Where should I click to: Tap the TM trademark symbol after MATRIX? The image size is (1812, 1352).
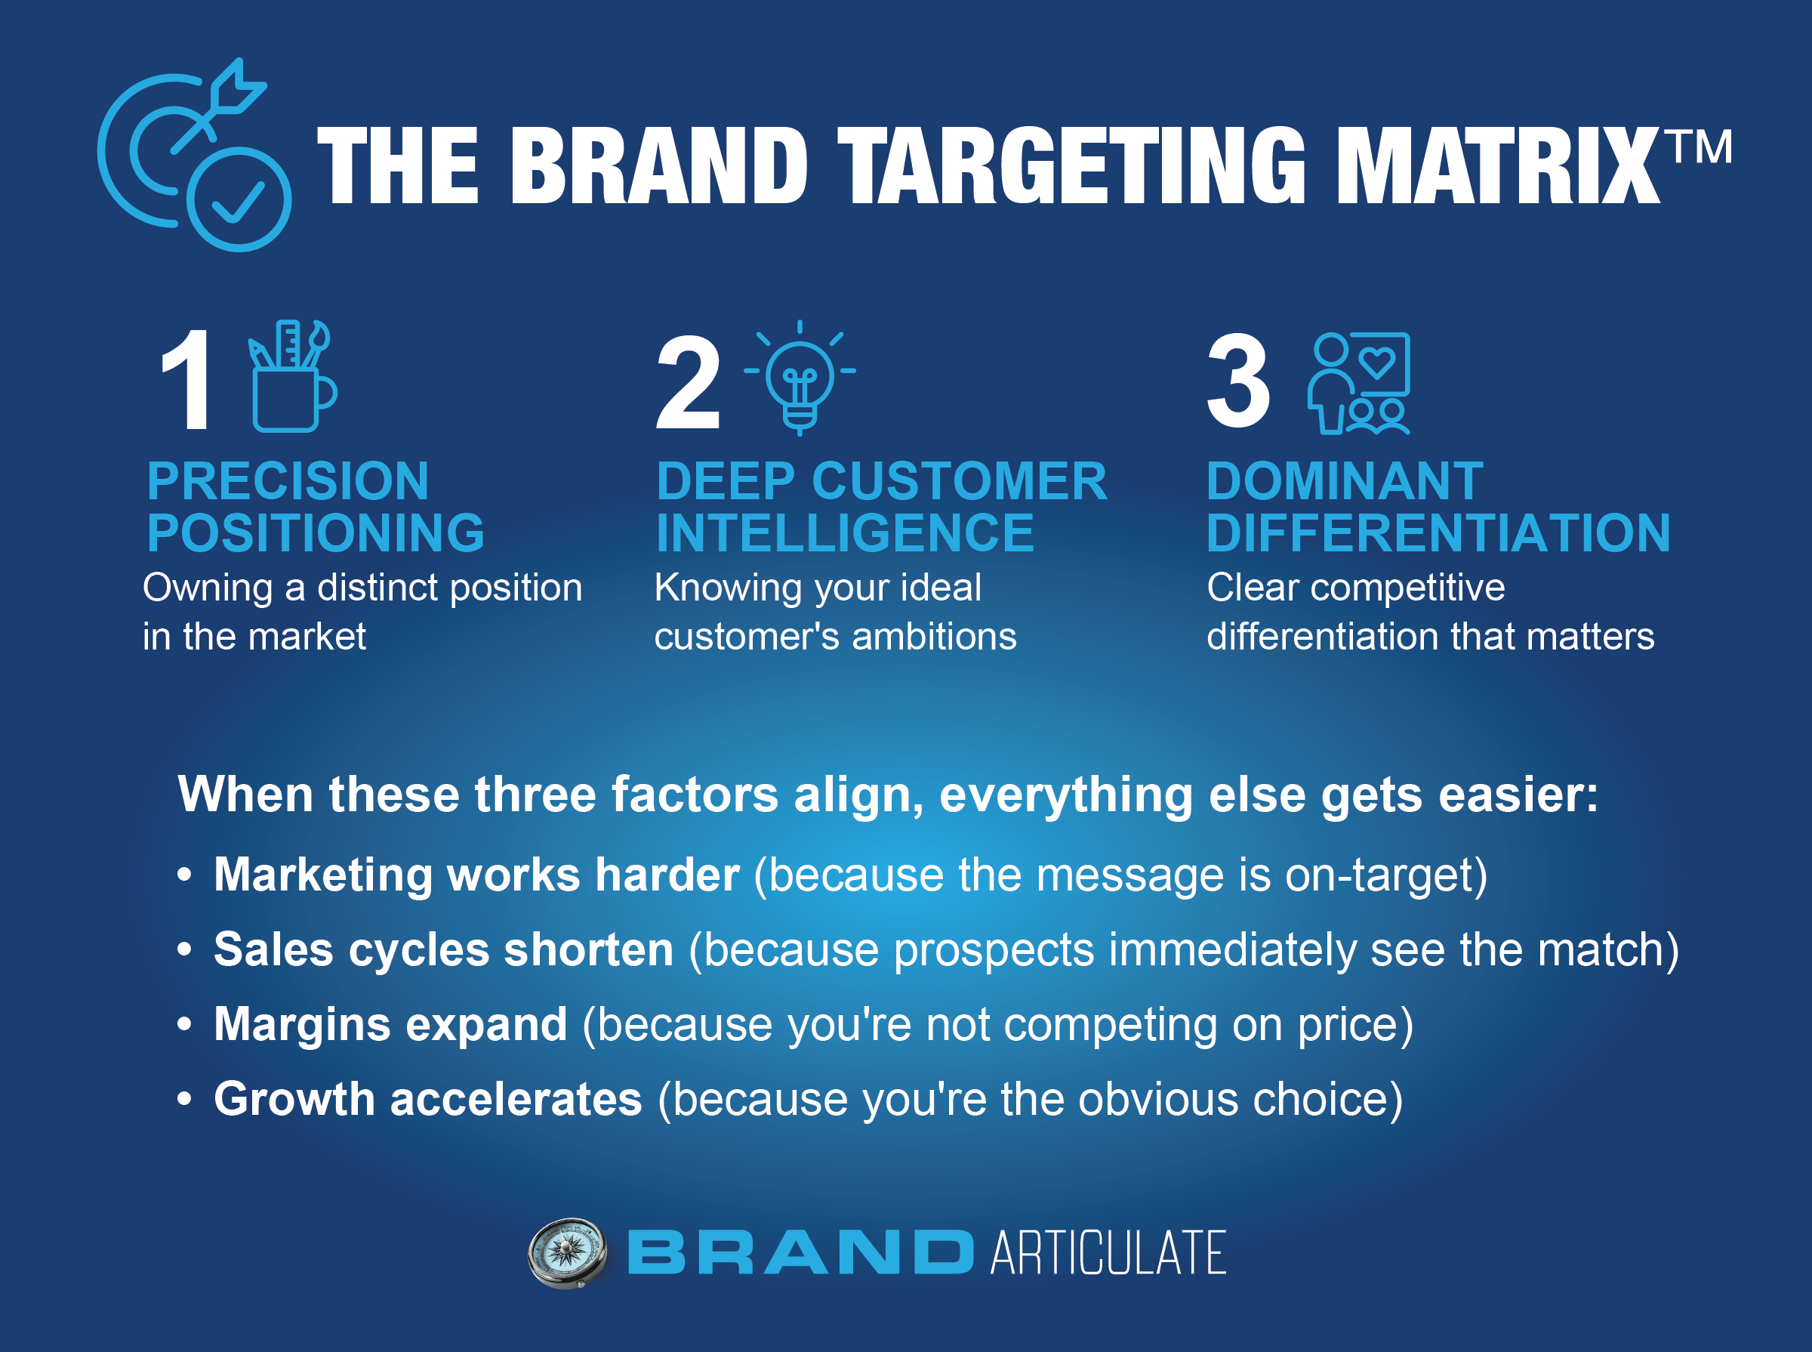[1701, 147]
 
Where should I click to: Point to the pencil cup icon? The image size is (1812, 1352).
[293, 375]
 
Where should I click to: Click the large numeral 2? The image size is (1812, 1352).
[688, 381]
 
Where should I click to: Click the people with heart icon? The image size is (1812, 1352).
[1358, 383]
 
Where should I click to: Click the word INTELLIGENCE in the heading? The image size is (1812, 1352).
[845, 532]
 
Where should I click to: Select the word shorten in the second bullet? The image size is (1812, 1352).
[589, 949]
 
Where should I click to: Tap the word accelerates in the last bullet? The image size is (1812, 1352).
[516, 1099]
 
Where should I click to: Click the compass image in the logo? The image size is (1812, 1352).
[568, 1253]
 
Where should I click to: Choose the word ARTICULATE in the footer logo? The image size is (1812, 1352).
[1108, 1253]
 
